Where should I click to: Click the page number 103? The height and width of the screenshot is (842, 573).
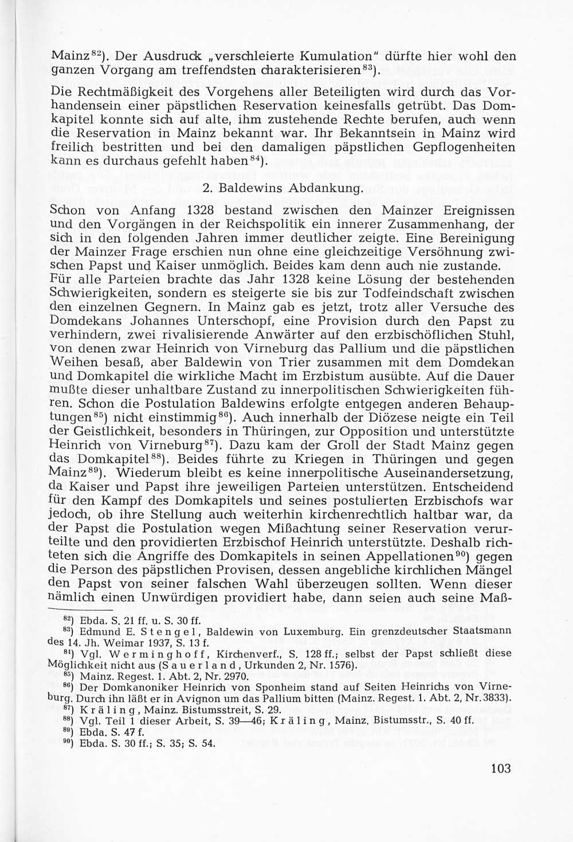click(x=500, y=769)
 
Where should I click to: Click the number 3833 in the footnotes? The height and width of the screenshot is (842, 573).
click(x=497, y=698)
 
